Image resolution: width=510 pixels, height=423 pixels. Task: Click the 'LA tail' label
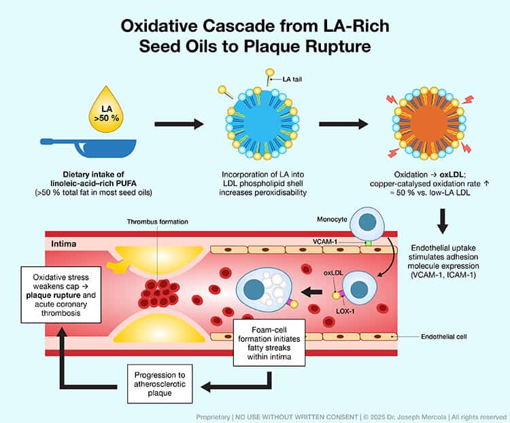(x=288, y=80)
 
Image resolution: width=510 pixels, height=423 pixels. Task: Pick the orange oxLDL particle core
(x=429, y=125)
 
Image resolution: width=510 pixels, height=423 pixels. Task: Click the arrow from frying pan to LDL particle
(x=179, y=124)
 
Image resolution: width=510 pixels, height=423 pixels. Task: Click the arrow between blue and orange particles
(x=343, y=124)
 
